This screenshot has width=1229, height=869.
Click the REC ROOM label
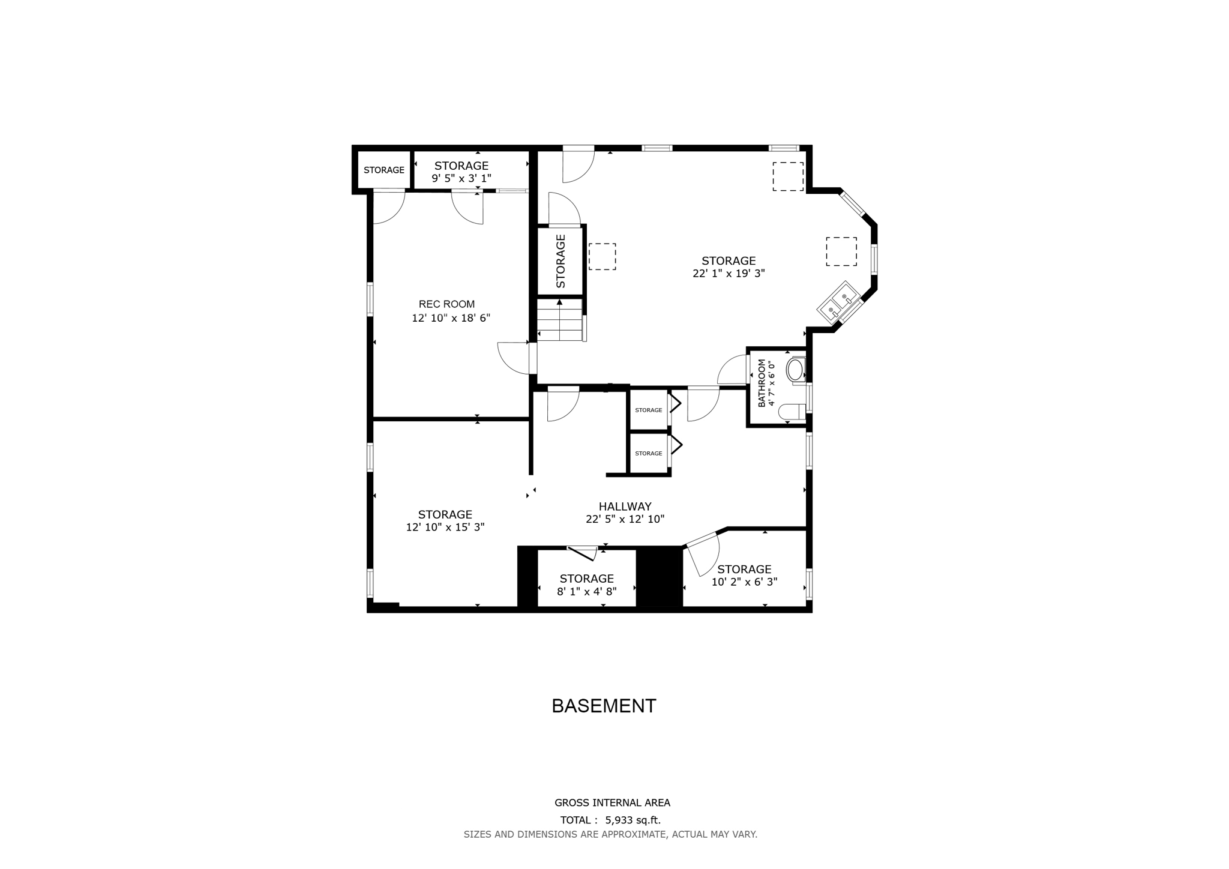(446, 304)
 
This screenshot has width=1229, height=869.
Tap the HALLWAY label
(625, 507)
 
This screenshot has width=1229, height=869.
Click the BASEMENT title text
(604, 706)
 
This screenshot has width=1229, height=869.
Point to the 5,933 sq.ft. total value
(633, 820)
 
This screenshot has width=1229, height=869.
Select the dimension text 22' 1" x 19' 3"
(729, 274)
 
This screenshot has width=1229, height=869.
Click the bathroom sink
(796, 370)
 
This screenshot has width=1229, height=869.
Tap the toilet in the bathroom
(792, 412)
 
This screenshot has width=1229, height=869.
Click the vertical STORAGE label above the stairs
(560, 261)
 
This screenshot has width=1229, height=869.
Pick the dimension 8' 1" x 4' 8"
(586, 592)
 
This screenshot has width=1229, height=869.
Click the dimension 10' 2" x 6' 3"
(744, 582)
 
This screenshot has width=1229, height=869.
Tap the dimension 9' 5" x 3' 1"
(461, 178)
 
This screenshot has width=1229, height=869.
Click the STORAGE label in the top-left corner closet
(384, 170)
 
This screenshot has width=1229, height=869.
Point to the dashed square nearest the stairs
(602, 256)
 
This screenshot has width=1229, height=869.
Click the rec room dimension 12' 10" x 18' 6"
(451, 318)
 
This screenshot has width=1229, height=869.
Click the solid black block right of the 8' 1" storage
(659, 578)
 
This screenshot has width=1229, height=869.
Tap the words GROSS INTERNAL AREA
(612, 802)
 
